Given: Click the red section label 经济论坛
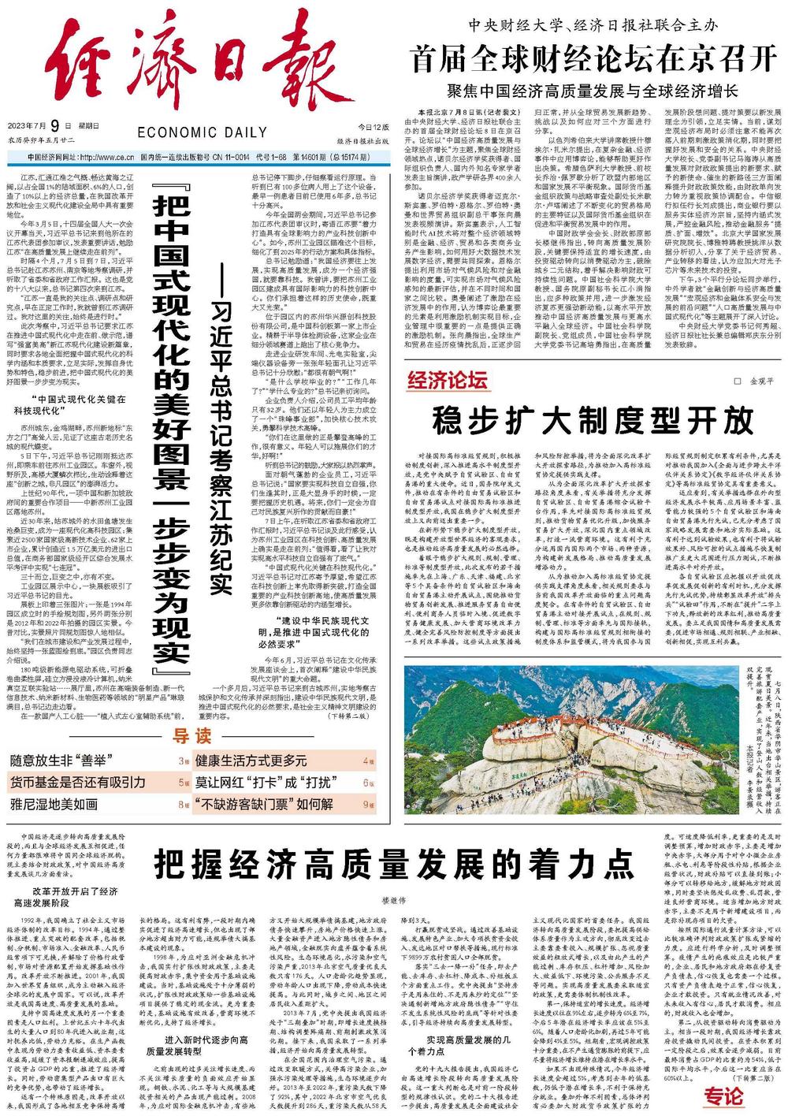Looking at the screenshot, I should coord(447,382).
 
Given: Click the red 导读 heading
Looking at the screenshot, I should coord(192,737).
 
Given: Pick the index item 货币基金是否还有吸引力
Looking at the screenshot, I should coord(78,783).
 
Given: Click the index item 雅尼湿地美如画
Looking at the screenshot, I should coord(54,805).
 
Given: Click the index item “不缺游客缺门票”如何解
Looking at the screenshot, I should coord(263,805).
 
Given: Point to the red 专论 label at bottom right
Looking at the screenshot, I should coord(723,1095).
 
